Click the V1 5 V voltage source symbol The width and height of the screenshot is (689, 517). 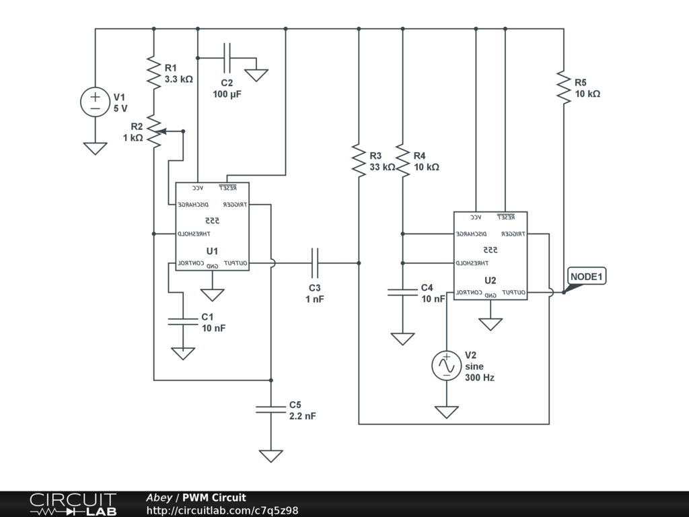pyautogui.click(x=95, y=102)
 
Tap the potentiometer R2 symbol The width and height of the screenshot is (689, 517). pyautogui.click(x=155, y=132)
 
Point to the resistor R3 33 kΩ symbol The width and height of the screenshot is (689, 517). pyautogui.click(x=359, y=160)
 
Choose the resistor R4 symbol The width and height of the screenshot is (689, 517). pyautogui.click(x=402, y=160)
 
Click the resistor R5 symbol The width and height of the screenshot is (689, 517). pyautogui.click(x=564, y=87)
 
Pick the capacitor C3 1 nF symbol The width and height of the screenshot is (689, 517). pyautogui.click(x=314, y=263)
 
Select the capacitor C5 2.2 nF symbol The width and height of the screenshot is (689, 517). pyautogui.click(x=270, y=409)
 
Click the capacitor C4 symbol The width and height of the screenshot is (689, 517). pyautogui.click(x=402, y=292)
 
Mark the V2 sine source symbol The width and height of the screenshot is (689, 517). pyautogui.click(x=446, y=365)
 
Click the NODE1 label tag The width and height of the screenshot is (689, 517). pyautogui.click(x=587, y=276)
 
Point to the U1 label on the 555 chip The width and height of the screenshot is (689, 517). pyautogui.click(x=213, y=251)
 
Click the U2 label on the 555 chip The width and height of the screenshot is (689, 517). pyautogui.click(x=490, y=280)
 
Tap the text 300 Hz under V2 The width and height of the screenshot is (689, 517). pyautogui.click(x=480, y=378)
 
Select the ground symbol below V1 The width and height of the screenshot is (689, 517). pyautogui.click(x=95, y=148)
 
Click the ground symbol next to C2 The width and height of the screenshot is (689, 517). pyautogui.click(x=256, y=75)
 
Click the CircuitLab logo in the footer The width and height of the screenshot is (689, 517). pyautogui.click(x=73, y=504)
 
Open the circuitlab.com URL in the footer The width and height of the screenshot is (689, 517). pyautogui.click(x=222, y=510)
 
